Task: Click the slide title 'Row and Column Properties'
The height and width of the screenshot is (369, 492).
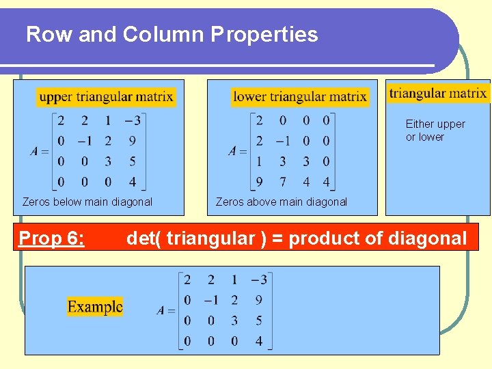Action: click(x=172, y=34)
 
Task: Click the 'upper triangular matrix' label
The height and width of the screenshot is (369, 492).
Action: click(x=106, y=96)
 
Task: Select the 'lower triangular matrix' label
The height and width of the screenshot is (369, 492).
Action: click(x=300, y=96)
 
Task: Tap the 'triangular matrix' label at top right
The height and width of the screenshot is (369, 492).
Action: click(x=438, y=93)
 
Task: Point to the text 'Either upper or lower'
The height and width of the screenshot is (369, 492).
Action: click(x=435, y=131)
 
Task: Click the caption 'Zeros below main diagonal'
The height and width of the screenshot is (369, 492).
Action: click(x=87, y=202)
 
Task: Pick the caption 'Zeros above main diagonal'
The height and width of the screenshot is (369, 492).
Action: click(x=282, y=202)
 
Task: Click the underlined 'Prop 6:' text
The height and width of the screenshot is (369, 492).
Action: click(x=52, y=238)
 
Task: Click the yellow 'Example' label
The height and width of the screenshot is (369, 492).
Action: click(x=95, y=306)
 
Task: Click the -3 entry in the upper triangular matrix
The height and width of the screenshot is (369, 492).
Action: click(x=133, y=121)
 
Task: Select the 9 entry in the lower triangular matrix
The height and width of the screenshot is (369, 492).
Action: click(x=259, y=182)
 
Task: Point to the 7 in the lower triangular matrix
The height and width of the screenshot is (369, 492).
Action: click(x=282, y=182)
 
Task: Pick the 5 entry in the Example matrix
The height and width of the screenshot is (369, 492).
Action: click(x=258, y=320)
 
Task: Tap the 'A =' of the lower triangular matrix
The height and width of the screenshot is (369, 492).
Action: click(x=238, y=151)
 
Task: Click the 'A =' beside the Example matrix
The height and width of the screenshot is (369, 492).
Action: click(x=166, y=310)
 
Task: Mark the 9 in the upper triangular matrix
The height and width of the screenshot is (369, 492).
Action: click(x=132, y=141)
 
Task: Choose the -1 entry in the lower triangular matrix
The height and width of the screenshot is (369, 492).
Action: click(x=282, y=141)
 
